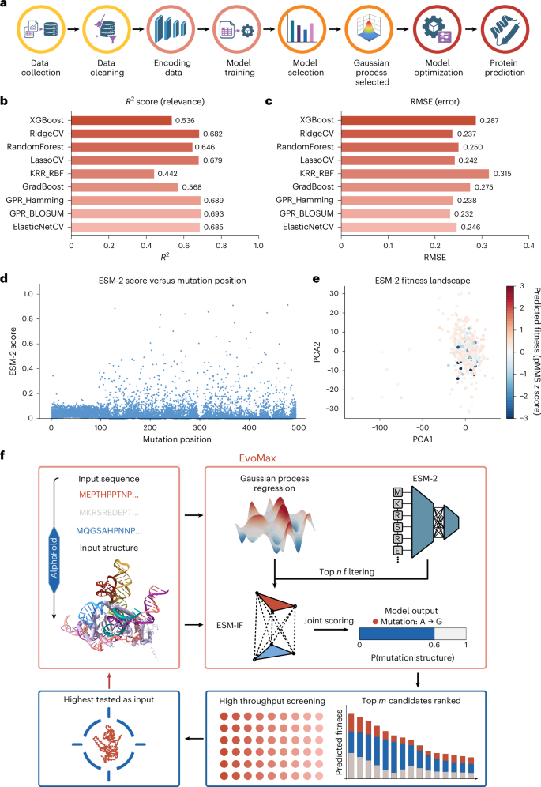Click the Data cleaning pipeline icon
point(107,29)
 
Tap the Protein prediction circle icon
point(505,29)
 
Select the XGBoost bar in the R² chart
point(122,120)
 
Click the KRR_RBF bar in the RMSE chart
point(415,174)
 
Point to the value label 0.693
point(213,214)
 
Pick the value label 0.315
point(502,174)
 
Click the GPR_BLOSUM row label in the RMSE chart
point(306,213)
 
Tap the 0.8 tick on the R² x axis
point(221,246)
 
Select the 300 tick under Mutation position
point(200,427)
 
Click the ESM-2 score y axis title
point(13,352)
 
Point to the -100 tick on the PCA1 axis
point(379,427)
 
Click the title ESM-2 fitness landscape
point(423,281)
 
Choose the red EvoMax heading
point(257,458)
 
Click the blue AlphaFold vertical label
point(54,558)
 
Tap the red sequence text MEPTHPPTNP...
point(109,495)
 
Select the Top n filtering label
point(347,571)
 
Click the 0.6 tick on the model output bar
point(434,645)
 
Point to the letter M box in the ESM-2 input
point(398,492)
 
